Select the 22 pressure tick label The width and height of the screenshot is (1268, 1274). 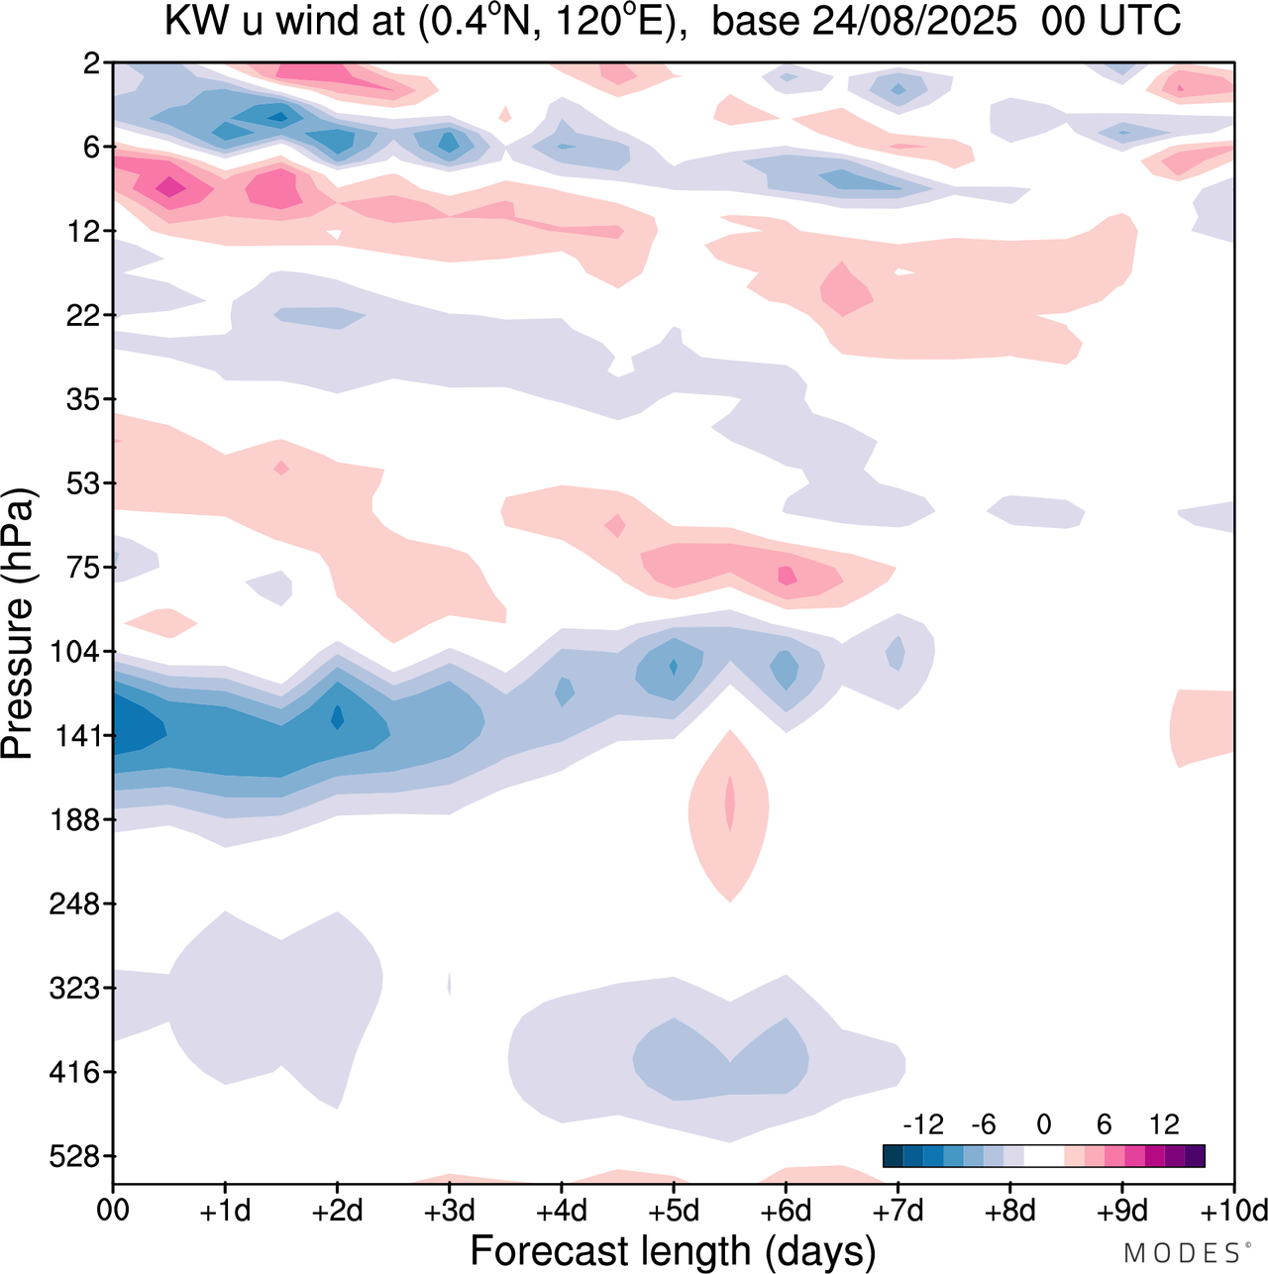pyautogui.click(x=87, y=315)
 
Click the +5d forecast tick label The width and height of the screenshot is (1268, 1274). pyautogui.click(x=674, y=1211)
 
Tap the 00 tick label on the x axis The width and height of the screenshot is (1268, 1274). pyautogui.click(x=113, y=1211)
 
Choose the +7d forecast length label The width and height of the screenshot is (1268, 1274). pyautogui.click(x=898, y=1211)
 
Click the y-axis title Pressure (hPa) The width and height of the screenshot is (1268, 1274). pyautogui.click(x=18, y=624)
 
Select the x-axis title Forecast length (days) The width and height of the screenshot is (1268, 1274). pyautogui.click(x=673, y=1250)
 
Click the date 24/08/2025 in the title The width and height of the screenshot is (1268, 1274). pyautogui.click(x=913, y=22)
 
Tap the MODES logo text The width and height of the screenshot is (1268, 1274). pyautogui.click(x=1183, y=1253)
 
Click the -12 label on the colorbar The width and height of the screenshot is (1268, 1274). pyautogui.click(x=923, y=1124)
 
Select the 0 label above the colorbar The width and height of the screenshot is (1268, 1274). pyautogui.click(x=1044, y=1124)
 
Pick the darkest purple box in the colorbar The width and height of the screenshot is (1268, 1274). pyautogui.click(x=1195, y=1156)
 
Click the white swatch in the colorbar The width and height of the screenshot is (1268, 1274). pyautogui.click(x=1044, y=1156)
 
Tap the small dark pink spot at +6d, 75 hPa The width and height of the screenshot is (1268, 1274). pyautogui.click(x=788, y=576)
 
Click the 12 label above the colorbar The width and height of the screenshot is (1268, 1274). pyautogui.click(x=1165, y=1124)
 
